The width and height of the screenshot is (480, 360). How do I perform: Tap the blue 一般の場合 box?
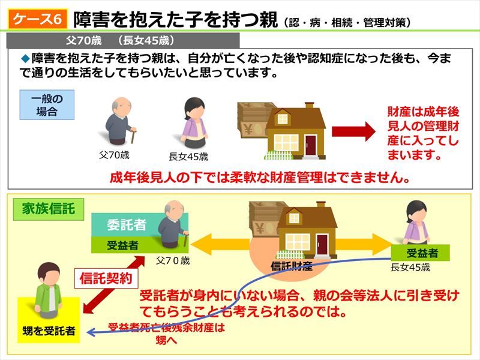(47, 104)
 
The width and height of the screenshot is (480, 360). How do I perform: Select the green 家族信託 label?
(49, 209)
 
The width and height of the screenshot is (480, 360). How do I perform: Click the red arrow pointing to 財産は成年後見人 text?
(353, 131)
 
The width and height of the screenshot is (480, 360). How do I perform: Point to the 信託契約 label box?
(106, 278)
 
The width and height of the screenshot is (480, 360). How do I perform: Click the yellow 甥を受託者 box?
(49, 320)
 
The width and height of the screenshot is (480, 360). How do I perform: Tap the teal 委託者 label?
(126, 224)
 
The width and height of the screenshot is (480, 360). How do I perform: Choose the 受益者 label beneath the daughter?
(421, 253)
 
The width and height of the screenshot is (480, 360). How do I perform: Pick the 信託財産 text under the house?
(292, 266)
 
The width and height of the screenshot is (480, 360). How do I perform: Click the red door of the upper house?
(310, 145)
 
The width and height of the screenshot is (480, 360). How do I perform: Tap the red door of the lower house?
(322, 245)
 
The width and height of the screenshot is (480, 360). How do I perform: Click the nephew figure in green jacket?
(49, 290)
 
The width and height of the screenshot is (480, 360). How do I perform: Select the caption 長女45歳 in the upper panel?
(188, 157)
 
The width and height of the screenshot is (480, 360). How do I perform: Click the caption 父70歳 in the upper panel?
(114, 155)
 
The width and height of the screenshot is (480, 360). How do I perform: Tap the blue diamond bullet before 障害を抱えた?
(25, 58)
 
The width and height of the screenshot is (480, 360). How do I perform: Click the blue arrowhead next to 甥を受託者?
(91, 332)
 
